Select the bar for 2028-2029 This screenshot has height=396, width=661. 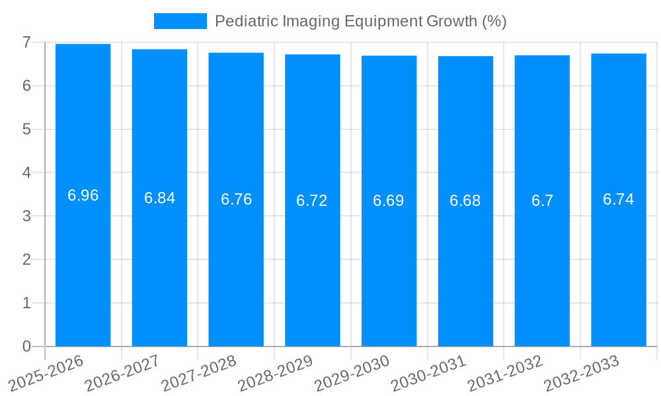coord(313,264)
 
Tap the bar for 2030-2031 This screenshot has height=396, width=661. coord(465,264)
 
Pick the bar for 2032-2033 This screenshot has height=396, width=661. coord(619,264)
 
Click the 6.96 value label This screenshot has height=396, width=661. coord(83,195)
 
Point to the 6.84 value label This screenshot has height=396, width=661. coord(160,198)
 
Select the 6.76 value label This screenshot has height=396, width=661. coord(236,199)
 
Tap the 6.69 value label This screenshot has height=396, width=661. coord(389,201)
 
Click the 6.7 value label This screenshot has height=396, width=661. coord(542,201)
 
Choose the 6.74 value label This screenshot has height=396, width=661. coord(619,199)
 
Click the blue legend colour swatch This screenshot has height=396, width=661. coord(180,21)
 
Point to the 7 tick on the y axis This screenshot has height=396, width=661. coord(26,42)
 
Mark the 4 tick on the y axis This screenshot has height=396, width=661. coord(26,173)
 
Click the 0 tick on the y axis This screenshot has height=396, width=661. coord(26,346)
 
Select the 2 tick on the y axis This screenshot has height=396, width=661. coord(26,259)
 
